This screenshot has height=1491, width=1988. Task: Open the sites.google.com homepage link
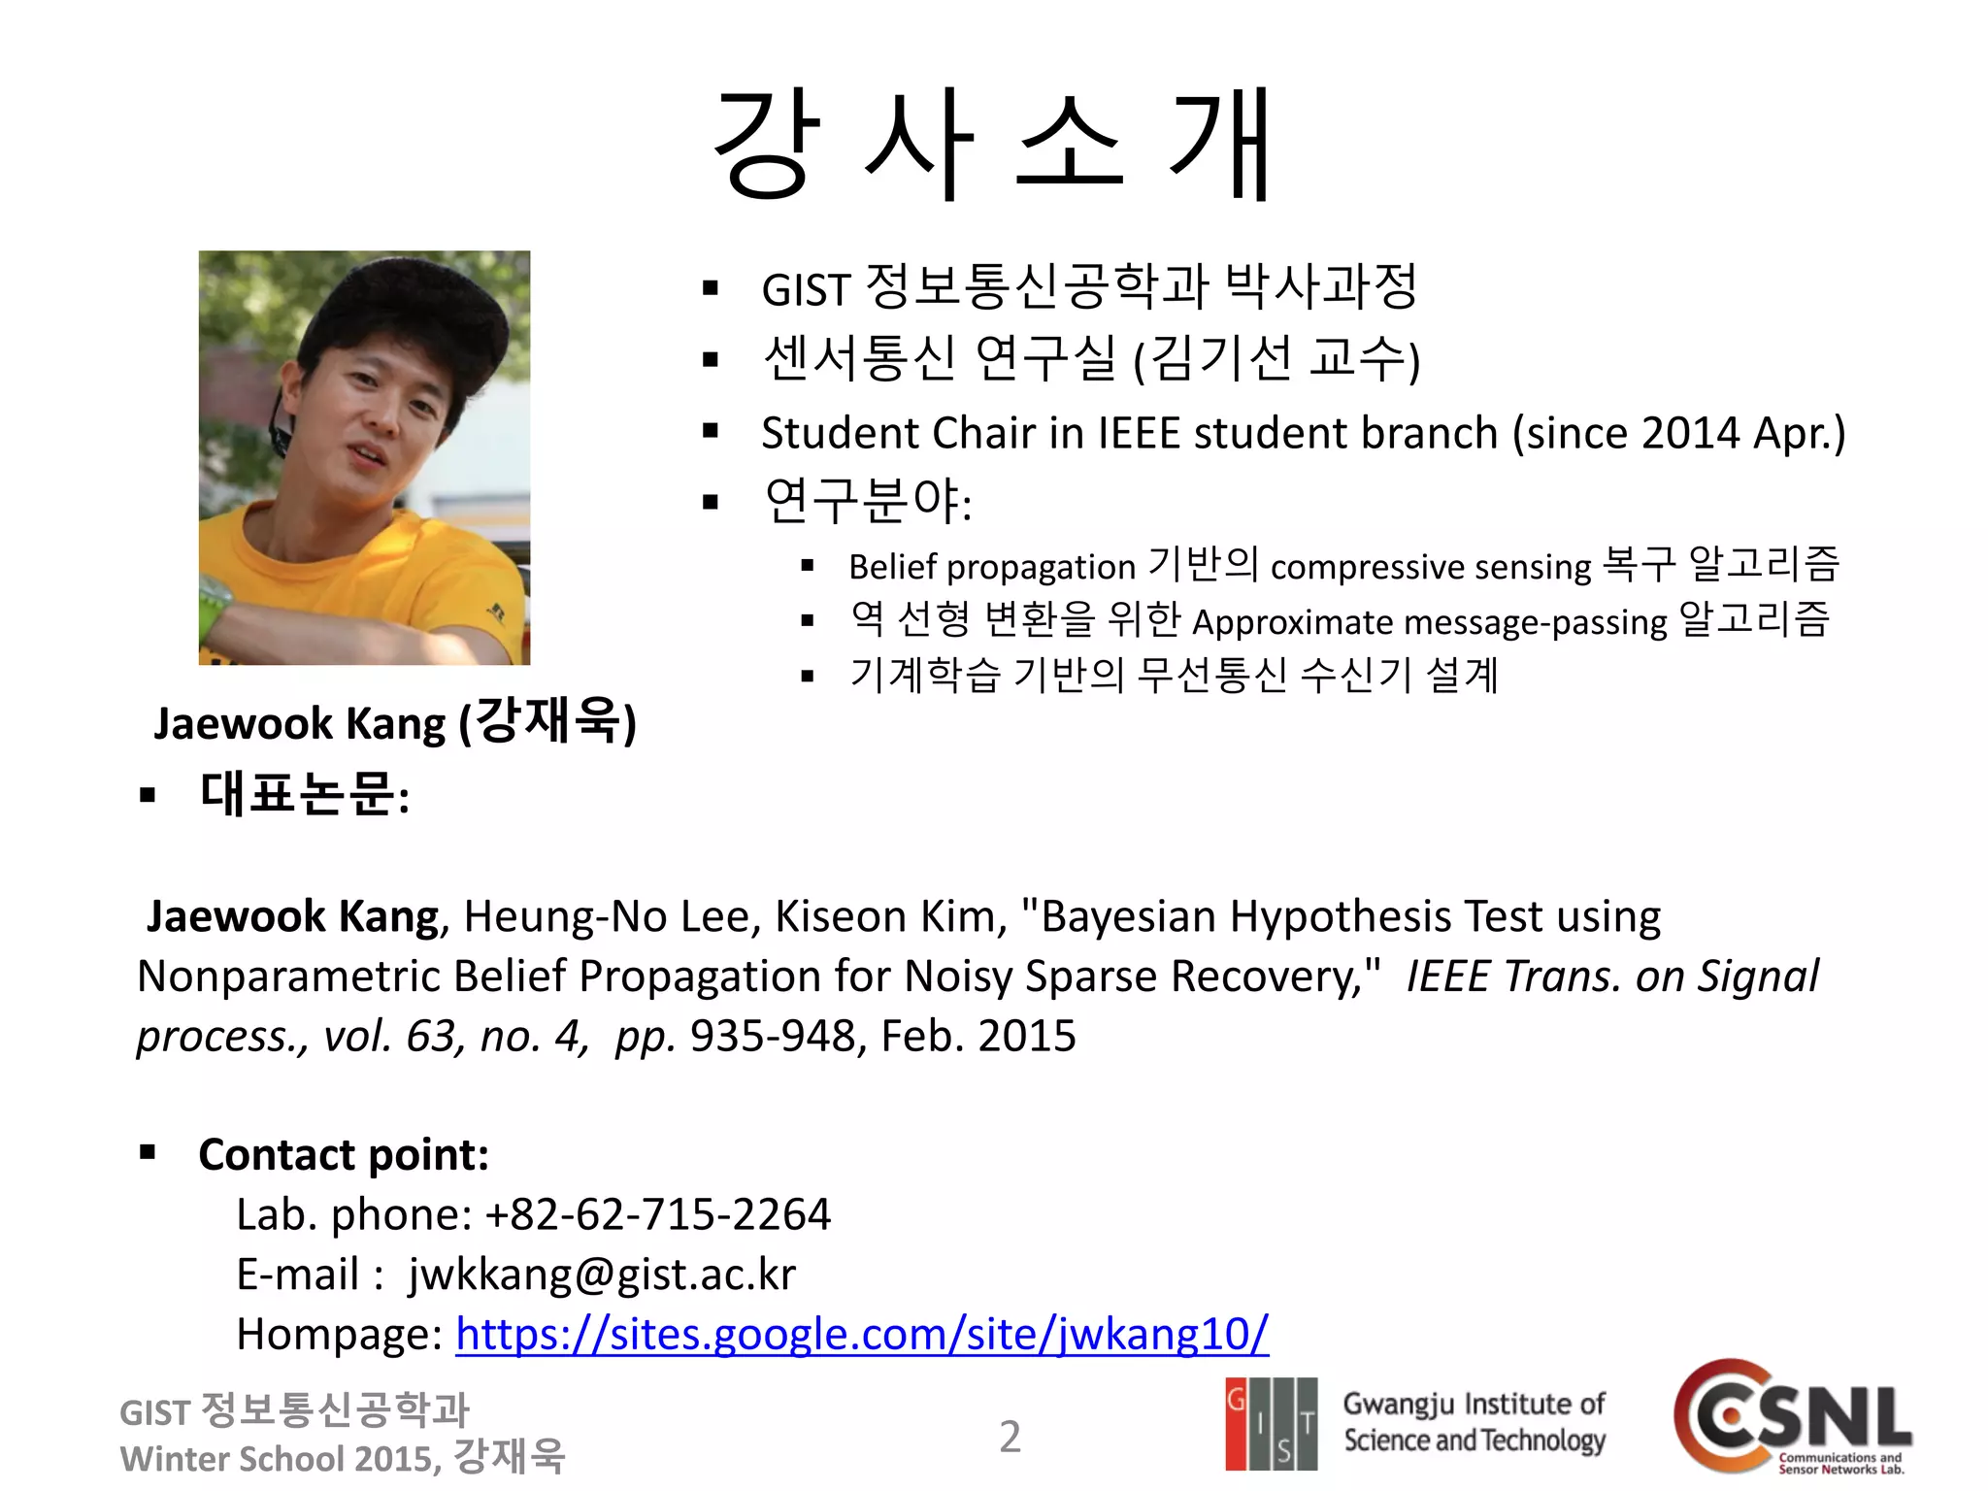(x=861, y=1334)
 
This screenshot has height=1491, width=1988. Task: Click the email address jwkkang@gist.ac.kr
(x=602, y=1275)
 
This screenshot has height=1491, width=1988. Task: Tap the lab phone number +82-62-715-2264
(x=658, y=1214)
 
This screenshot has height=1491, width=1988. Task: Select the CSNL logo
(x=1792, y=1417)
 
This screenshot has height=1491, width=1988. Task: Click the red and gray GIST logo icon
(x=1271, y=1423)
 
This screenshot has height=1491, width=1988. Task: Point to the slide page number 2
(x=1010, y=1437)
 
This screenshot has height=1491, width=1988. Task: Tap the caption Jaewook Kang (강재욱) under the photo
(x=394, y=723)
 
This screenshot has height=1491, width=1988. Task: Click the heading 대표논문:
(x=304, y=795)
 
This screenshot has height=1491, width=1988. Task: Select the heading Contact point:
(x=344, y=1155)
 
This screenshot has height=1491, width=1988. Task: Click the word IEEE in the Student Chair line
(x=1139, y=433)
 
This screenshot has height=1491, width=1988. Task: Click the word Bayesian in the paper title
(x=1128, y=916)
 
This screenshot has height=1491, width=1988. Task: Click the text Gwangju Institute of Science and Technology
(x=1474, y=1422)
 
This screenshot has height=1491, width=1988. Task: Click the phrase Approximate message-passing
(x=1429, y=622)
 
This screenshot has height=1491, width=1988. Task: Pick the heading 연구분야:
(x=868, y=502)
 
